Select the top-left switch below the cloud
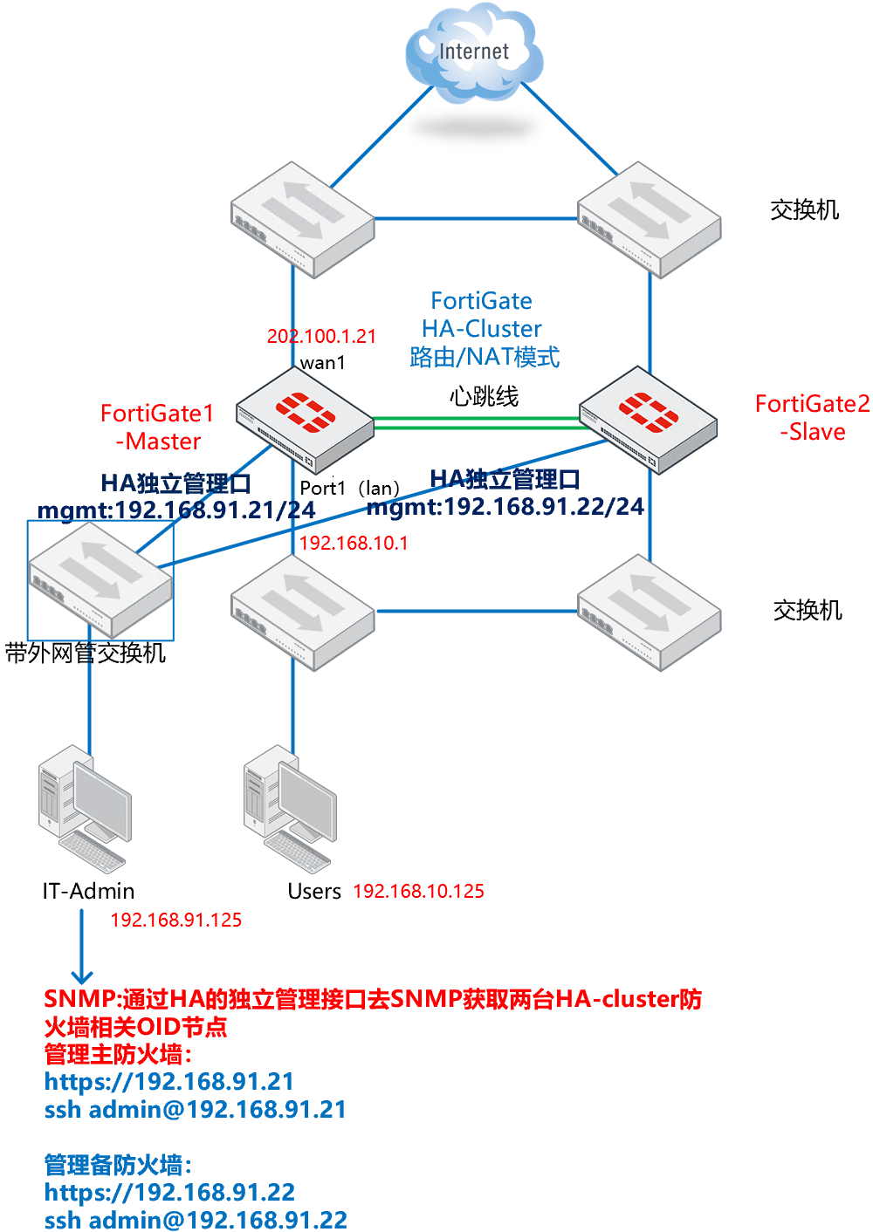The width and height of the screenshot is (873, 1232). pos(302,218)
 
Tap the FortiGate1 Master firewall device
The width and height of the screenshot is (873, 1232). pos(305,419)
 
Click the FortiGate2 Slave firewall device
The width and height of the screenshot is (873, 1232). pos(648,420)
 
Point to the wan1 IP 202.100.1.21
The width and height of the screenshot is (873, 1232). pos(321,336)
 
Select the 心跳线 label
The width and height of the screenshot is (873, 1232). pos(484,396)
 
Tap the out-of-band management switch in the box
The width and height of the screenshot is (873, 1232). pos(100,580)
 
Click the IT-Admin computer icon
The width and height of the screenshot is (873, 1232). pos(85,807)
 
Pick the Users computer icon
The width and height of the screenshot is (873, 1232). pos(290,807)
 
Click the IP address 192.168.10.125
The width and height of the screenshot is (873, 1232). pos(418,891)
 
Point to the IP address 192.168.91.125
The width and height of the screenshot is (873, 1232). pos(175,920)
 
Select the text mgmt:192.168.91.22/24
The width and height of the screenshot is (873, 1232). pos(505,506)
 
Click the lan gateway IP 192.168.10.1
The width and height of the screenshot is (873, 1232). pos(354,543)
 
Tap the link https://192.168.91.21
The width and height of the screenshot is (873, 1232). pos(168,1081)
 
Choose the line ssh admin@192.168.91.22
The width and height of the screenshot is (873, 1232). pos(196,1219)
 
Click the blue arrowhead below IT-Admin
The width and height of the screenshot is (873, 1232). pos(82,976)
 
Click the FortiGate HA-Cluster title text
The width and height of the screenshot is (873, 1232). pos(482,315)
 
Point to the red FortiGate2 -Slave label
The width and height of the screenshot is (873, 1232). pos(812,417)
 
